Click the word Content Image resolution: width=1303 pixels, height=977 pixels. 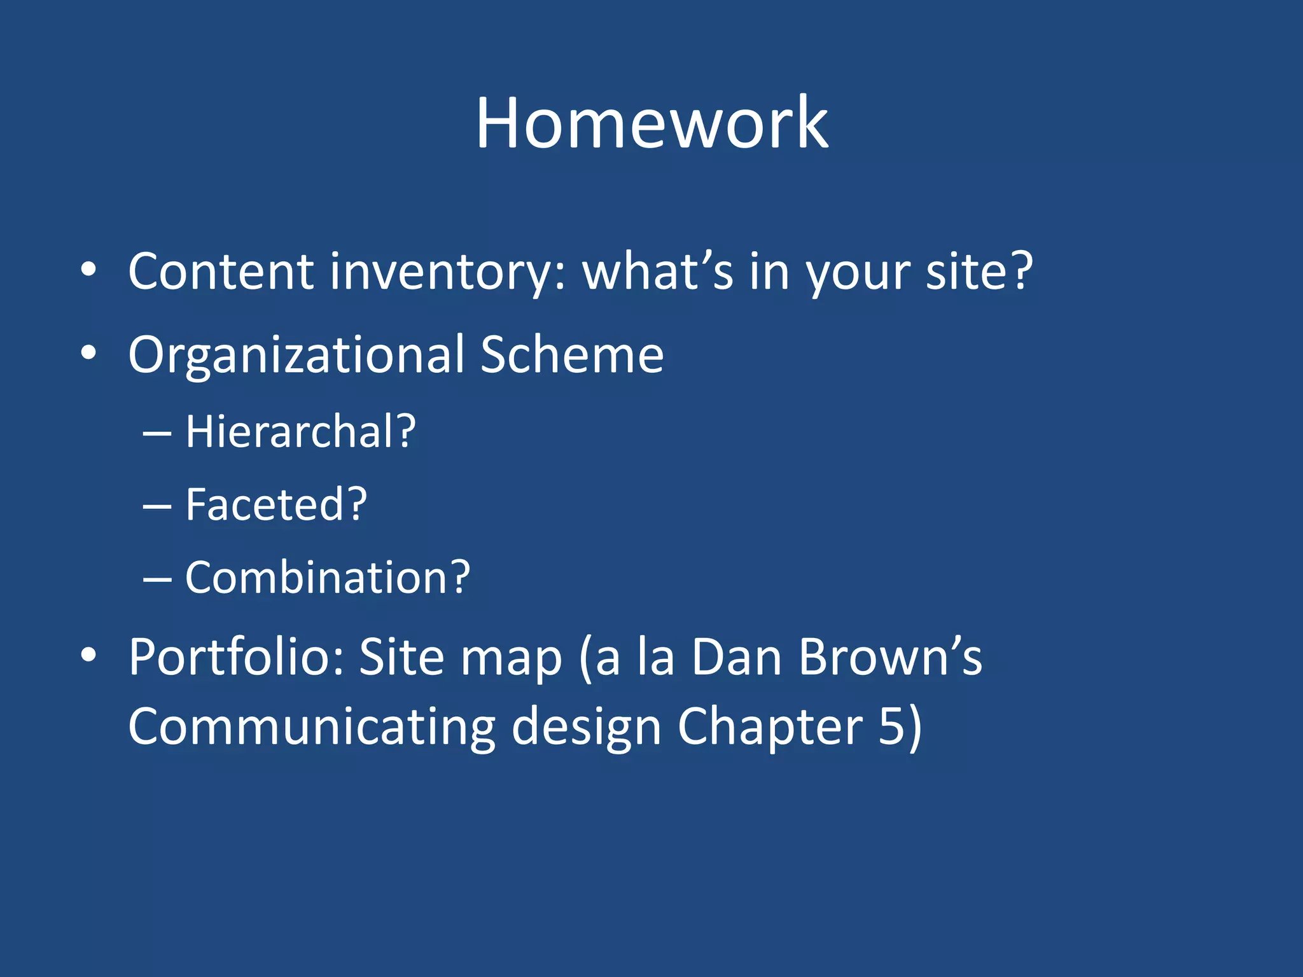click(221, 272)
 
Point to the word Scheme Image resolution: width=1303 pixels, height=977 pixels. click(571, 354)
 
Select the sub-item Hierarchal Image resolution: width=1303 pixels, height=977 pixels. click(300, 432)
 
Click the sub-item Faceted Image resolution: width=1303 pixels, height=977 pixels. click(275, 505)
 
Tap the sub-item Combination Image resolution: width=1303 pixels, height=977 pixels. click(327, 578)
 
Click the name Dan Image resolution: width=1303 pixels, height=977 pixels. click(737, 656)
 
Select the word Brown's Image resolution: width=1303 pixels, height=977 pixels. click(890, 656)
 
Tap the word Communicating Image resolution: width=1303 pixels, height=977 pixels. click(312, 727)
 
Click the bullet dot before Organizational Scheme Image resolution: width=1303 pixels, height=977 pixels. click(88, 354)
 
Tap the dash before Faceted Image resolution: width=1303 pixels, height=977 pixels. click(157, 507)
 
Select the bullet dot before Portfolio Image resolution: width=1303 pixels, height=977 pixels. click(88, 655)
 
